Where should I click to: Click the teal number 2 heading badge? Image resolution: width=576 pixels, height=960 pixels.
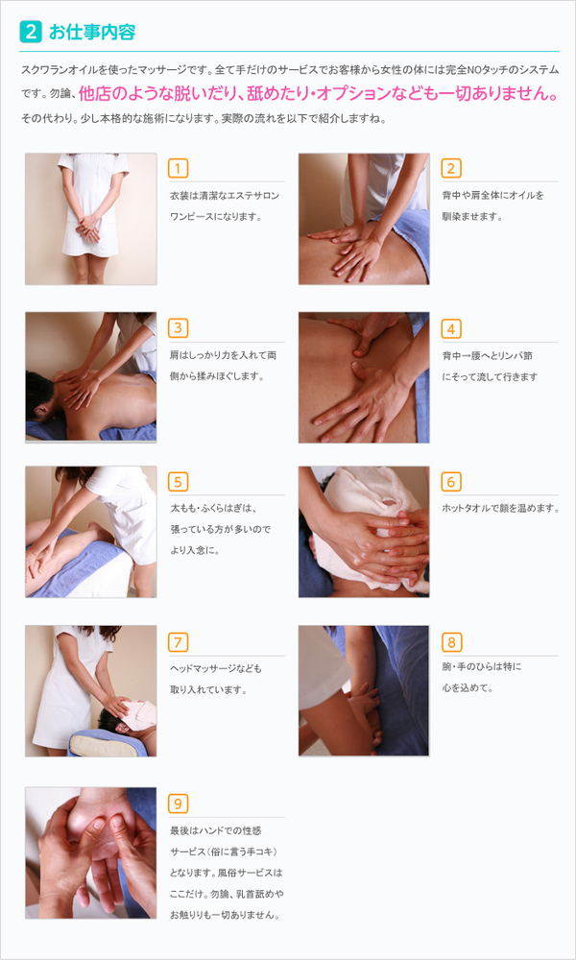31,32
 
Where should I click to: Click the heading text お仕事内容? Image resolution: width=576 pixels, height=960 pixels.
92,33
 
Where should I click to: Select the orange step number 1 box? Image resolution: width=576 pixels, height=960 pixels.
178,168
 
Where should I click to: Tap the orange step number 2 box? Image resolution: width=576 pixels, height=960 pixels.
451,168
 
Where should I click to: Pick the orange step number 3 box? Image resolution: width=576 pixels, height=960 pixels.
178,328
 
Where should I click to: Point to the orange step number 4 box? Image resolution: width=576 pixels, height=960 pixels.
451,328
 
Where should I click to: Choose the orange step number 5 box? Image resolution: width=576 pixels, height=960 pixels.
178,482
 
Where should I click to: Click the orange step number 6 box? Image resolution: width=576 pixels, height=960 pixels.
451,482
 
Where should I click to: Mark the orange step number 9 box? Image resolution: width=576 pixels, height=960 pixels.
178,804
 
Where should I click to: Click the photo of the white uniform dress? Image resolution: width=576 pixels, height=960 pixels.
90,219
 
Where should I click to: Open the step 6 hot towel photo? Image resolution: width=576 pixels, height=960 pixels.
364,532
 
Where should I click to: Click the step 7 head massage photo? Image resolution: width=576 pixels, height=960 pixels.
90,690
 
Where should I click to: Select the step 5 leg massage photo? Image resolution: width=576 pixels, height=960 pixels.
90,532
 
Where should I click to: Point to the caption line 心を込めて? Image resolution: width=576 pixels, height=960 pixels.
468,688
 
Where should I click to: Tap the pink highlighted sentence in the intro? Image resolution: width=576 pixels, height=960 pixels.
319,94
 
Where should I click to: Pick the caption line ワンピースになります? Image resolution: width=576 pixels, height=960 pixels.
216,217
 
